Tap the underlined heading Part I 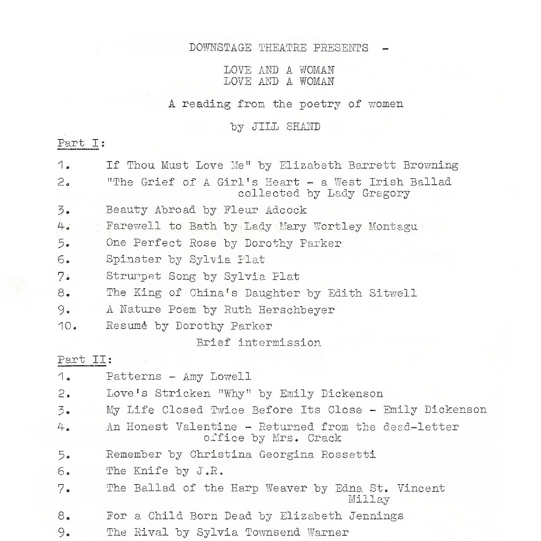click(x=78, y=143)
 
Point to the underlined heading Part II click(x=82, y=360)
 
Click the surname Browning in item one click(x=430, y=165)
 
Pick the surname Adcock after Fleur click(x=286, y=210)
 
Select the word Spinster click(x=134, y=260)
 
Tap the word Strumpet click(x=134, y=276)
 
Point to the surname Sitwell click(x=393, y=293)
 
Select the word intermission click(x=279, y=343)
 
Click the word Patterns click(x=134, y=376)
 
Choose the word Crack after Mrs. click(x=324, y=438)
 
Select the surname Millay click(x=369, y=500)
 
